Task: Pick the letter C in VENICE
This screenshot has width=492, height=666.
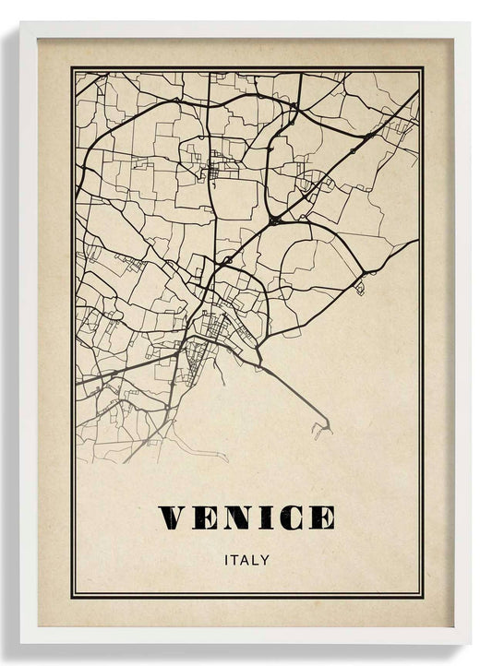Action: pyautogui.click(x=290, y=518)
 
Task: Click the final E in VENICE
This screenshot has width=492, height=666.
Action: pyautogui.click(x=320, y=518)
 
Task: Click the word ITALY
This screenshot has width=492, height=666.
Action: pyautogui.click(x=246, y=560)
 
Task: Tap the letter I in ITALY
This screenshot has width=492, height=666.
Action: pyautogui.click(x=226, y=560)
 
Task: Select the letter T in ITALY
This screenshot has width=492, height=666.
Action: pyautogui.click(x=234, y=560)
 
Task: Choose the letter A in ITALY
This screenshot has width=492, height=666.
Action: pyautogui.click(x=246, y=560)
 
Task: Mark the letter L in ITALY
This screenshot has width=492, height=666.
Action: pyautogui.click(x=256, y=560)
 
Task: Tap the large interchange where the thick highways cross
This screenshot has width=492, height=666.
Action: pyautogui.click(x=275, y=221)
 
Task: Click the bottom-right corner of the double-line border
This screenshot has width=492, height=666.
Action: pyautogui.click(x=423, y=597)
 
